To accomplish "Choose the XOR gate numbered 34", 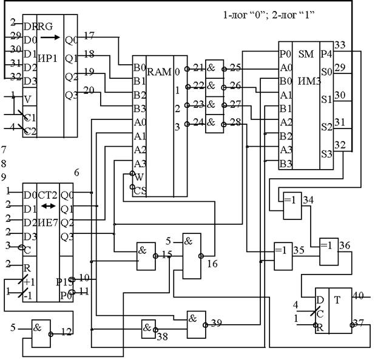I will [288, 200].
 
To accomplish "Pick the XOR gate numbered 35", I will [282, 248].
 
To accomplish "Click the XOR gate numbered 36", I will [328, 245].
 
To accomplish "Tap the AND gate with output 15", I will [145, 248].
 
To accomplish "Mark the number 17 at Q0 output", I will [89, 35].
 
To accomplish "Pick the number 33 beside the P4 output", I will [340, 45].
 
